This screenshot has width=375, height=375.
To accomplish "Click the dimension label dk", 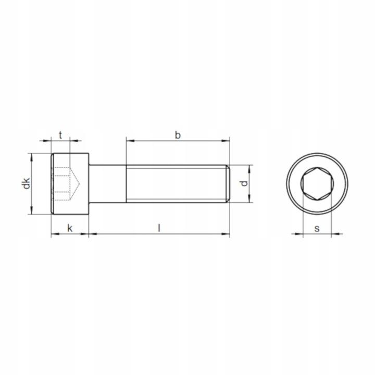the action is point(27,183).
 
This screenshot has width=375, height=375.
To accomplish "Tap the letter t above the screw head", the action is point(60,135).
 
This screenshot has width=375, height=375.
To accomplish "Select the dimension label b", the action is point(178,135).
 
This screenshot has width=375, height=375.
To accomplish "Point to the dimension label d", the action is point(244,183).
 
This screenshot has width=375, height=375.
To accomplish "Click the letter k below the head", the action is point(70,228).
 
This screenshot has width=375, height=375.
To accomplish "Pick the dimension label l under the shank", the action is point(159,228).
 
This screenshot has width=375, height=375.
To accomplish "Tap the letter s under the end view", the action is point(317,229).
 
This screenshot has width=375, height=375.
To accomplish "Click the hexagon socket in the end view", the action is point(317,184).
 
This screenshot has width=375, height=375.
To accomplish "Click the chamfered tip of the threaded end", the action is point(228,184).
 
